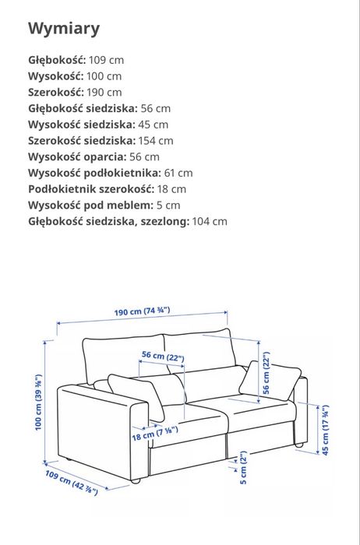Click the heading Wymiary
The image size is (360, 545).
tap(64, 30)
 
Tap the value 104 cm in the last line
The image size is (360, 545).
tap(209, 221)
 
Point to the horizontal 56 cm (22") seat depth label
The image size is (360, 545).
tap(162, 356)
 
